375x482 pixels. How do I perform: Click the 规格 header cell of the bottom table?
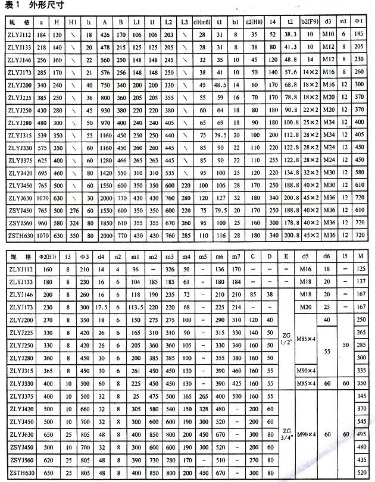click(x=20, y=257)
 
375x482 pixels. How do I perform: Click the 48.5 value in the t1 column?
click(x=220, y=86)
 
